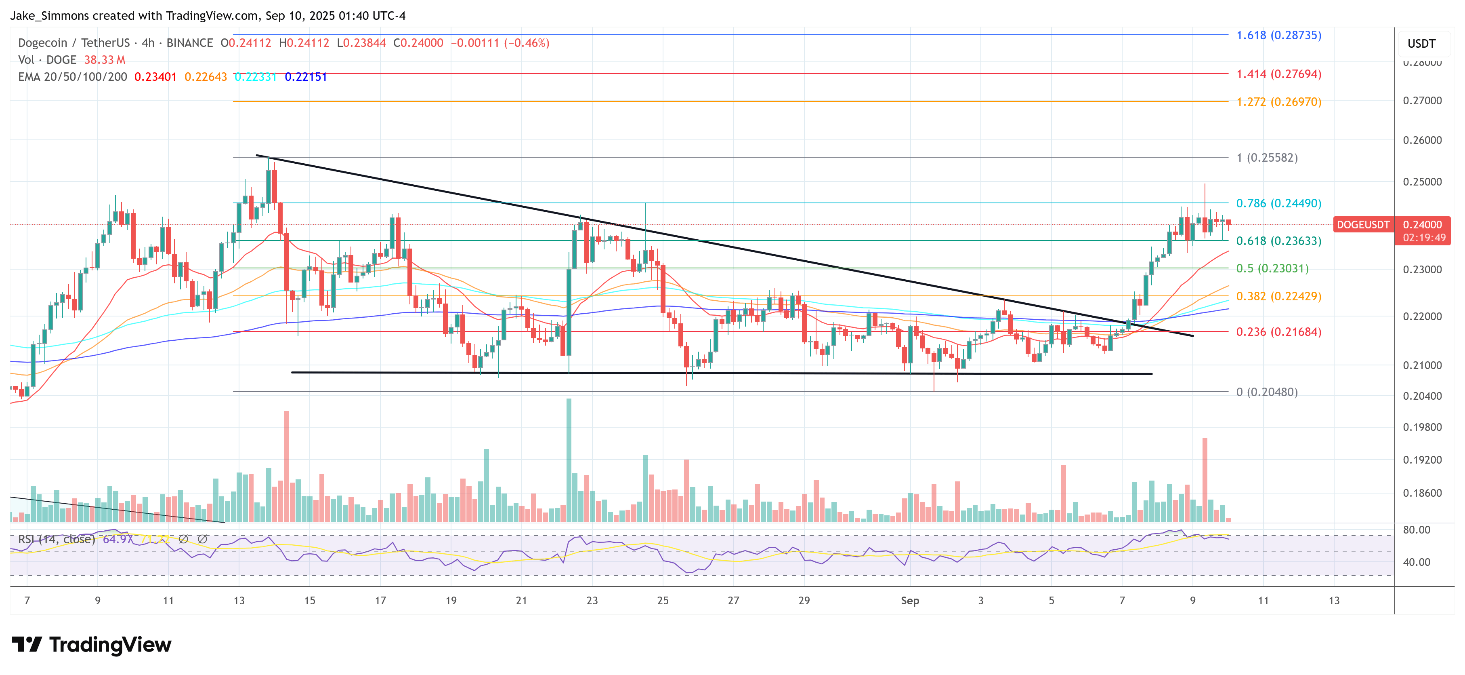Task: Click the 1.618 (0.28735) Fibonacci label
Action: (x=1278, y=35)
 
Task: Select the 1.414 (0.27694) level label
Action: (x=1278, y=74)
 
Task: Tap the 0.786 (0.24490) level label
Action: (x=1278, y=203)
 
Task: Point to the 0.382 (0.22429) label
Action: (x=1278, y=296)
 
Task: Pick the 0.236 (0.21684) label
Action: (x=1278, y=331)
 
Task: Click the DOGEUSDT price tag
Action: (x=1362, y=225)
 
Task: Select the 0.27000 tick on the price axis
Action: (x=1422, y=101)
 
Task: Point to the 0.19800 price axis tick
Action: (x=1422, y=427)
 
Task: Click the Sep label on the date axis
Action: (x=909, y=601)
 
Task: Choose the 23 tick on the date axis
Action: (x=592, y=601)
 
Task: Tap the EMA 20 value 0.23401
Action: (x=155, y=77)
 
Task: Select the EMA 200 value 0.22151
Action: (x=306, y=77)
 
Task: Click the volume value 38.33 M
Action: (x=105, y=60)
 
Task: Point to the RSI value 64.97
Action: (x=117, y=539)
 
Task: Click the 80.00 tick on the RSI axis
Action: (x=1416, y=530)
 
